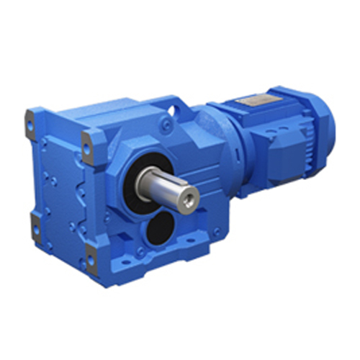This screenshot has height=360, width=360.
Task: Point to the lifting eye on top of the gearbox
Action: coord(175,109)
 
